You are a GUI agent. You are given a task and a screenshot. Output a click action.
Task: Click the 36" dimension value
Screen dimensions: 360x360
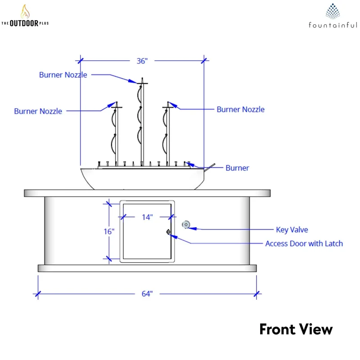point(142,61)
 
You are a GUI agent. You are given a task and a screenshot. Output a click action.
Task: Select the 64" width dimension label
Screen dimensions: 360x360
point(147,294)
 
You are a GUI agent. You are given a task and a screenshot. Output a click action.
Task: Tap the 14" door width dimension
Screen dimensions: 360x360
point(147,217)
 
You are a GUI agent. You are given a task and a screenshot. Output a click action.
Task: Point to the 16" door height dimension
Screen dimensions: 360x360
point(109,231)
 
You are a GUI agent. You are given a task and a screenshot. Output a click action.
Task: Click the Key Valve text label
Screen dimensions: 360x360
point(292,229)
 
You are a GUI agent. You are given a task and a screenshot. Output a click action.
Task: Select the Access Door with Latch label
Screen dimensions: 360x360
point(304,243)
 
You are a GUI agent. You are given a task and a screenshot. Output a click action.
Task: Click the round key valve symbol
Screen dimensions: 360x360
point(186,225)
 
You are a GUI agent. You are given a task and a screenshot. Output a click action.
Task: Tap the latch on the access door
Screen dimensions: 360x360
point(168,232)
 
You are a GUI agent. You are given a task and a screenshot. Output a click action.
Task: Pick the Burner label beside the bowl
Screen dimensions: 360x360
point(237,168)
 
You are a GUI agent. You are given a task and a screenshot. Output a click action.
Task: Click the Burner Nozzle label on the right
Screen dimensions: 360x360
point(241,109)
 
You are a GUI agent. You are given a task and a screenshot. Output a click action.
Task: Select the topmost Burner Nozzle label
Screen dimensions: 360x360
point(63,75)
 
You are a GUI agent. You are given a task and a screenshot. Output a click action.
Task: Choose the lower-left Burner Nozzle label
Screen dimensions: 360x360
point(38,111)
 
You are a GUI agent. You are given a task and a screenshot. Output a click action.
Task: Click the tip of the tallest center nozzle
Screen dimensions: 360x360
point(142,78)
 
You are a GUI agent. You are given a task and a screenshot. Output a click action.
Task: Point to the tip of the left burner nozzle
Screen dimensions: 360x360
point(117,102)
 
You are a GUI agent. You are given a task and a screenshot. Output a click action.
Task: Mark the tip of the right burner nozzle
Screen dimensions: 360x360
point(168,102)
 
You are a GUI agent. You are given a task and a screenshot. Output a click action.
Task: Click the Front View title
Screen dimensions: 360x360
point(296,329)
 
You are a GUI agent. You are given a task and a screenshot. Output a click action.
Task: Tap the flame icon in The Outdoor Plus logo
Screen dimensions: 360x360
point(25,12)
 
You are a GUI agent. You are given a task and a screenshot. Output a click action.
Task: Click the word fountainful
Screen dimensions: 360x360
point(333,25)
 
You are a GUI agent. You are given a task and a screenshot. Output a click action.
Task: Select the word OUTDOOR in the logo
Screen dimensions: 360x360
point(24,23)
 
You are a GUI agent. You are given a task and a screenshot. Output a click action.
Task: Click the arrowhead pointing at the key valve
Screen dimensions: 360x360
point(192,228)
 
